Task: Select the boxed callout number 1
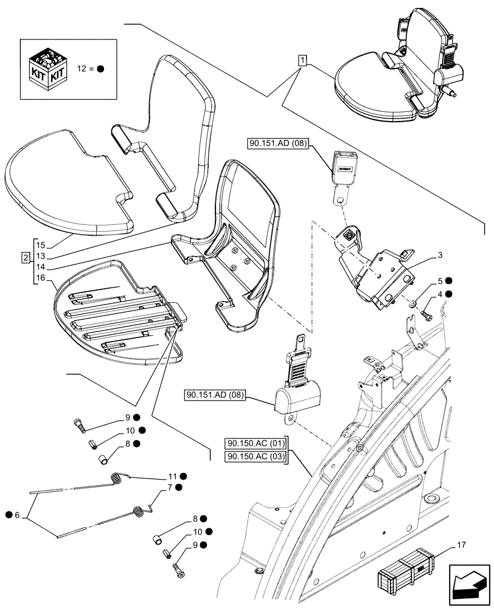point(302,60)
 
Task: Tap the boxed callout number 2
point(25,258)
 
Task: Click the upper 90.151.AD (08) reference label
point(279,143)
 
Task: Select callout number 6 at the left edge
point(17,516)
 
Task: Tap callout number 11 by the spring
point(172,476)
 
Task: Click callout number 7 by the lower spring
point(172,488)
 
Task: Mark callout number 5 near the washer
point(439,281)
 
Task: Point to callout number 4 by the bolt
point(439,294)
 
